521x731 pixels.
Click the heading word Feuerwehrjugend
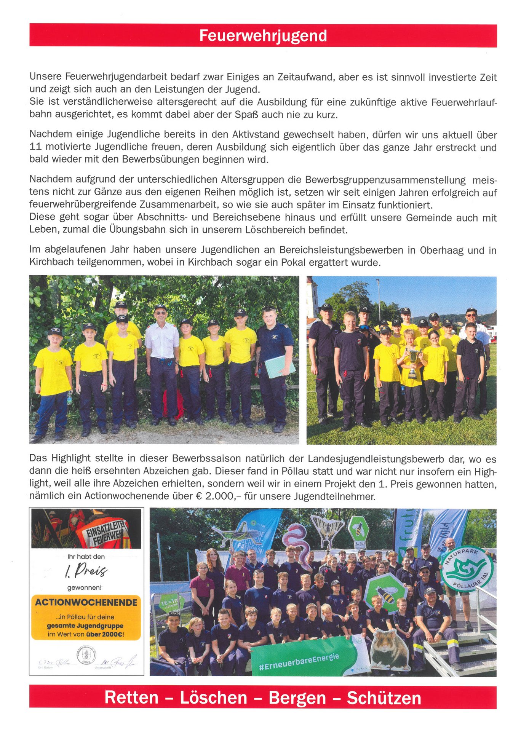263,36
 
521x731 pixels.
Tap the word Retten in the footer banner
131,698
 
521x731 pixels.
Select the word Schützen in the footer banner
384,698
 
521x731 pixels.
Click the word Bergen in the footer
297,698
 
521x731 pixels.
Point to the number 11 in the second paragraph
35,147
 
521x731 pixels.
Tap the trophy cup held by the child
413,362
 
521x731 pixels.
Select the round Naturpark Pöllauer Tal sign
467,569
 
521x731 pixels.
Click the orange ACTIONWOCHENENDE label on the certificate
86,602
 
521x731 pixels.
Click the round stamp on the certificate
86,655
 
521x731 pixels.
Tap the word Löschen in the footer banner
213,698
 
